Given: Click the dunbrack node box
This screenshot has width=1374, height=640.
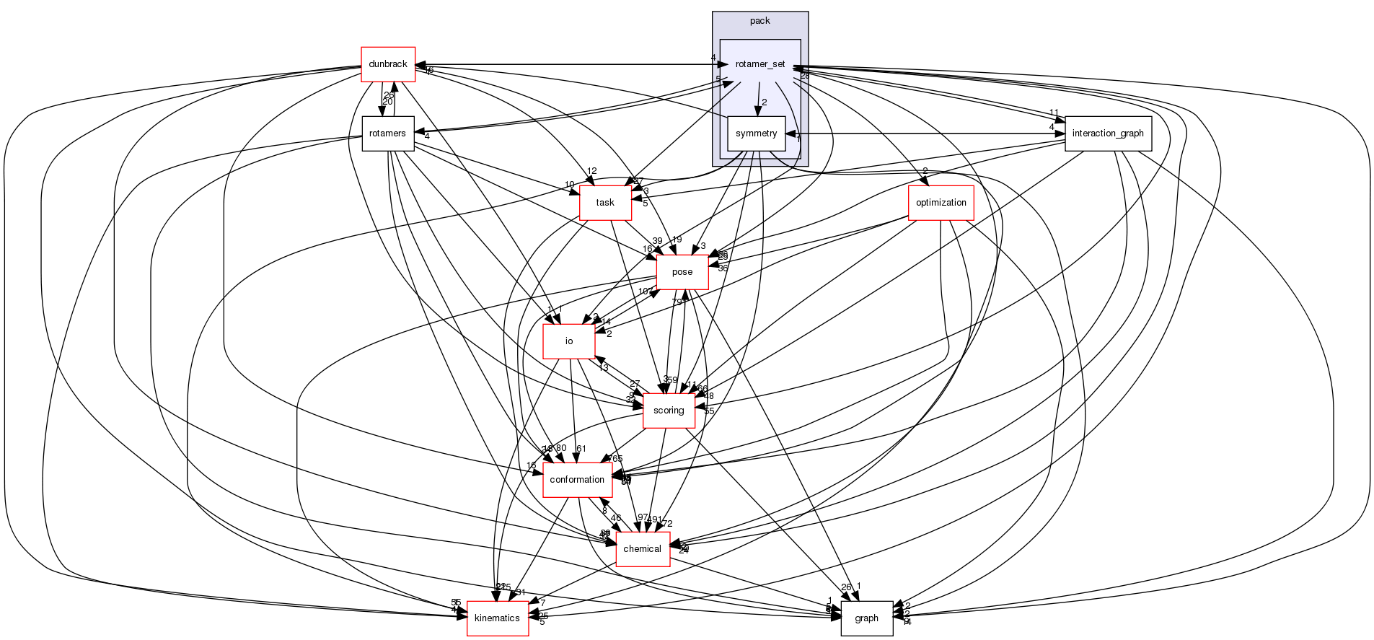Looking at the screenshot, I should (x=387, y=64).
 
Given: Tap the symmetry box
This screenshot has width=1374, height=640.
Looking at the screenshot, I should (x=756, y=133).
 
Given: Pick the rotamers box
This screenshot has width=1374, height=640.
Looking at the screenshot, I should (x=387, y=133).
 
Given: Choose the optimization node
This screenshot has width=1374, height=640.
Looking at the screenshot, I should (x=941, y=203).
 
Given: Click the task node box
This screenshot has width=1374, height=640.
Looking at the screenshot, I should (x=605, y=203).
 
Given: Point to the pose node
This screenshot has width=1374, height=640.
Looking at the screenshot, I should (x=682, y=272).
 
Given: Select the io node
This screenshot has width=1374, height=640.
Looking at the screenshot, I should (x=568, y=341).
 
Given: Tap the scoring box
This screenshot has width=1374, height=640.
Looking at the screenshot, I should (x=668, y=411).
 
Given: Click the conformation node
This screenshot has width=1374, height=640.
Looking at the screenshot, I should (x=577, y=480).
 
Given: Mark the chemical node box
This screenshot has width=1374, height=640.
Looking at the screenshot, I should (x=642, y=549).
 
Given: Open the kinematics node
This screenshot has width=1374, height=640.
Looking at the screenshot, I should (x=497, y=618).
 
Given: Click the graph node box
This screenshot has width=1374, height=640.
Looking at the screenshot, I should (x=866, y=618).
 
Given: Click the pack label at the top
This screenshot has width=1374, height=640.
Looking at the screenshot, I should (x=759, y=21).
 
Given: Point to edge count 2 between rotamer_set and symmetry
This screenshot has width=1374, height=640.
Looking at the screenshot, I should (x=764, y=102).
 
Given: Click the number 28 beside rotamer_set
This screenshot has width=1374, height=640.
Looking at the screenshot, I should (x=805, y=76).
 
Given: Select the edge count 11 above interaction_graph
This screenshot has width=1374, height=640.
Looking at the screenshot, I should (x=1053, y=113).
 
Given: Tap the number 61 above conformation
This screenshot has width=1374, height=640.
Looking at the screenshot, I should (x=581, y=449).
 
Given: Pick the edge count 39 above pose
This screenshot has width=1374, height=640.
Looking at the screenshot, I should (x=656, y=241).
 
